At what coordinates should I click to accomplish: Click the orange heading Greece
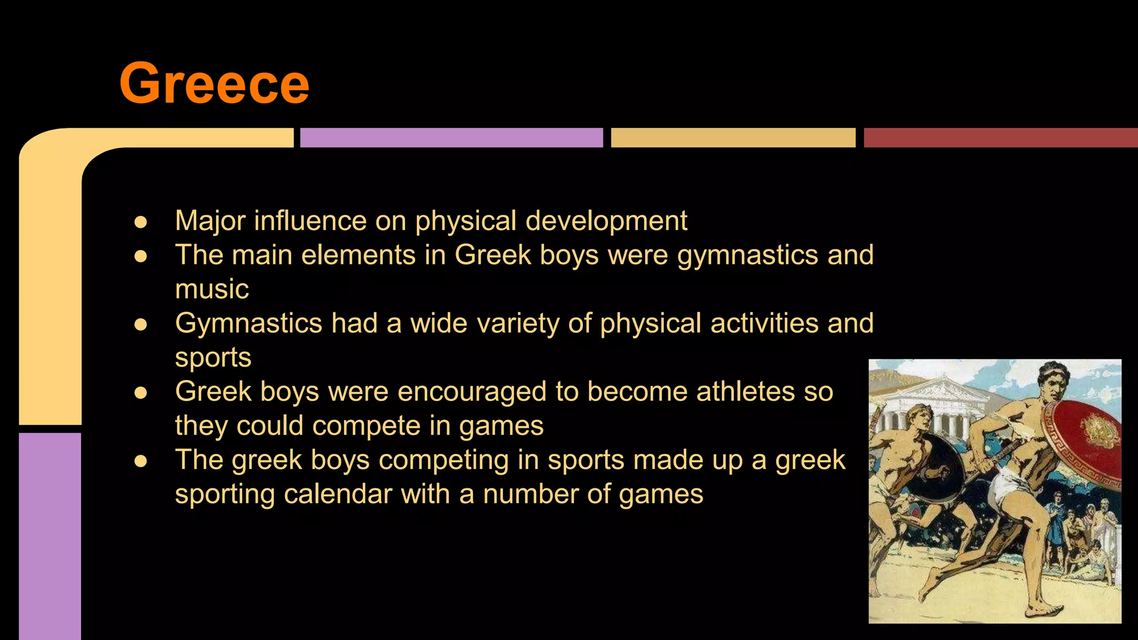214,83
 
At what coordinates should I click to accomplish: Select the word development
606,221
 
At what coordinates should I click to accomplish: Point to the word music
212,289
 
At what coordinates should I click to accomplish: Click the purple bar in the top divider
451,138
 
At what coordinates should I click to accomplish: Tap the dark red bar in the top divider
1000,138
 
